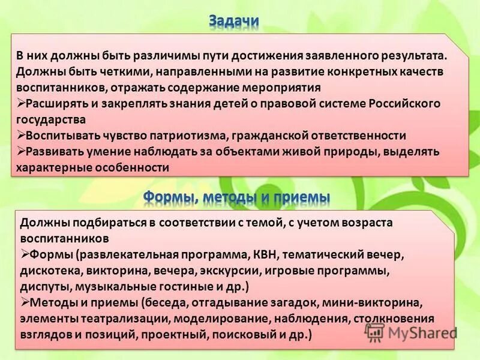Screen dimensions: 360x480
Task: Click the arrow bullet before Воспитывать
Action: coord(21,135)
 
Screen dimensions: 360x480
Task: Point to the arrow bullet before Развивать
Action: coord(21,151)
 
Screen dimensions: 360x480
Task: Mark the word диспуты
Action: coord(42,286)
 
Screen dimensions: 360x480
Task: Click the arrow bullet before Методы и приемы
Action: coord(24,302)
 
